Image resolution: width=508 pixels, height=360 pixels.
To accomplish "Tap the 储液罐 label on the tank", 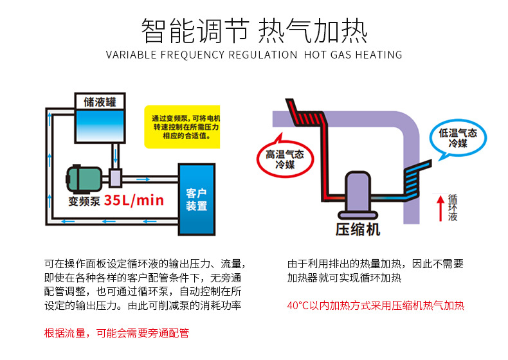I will pyautogui.click(x=100, y=102).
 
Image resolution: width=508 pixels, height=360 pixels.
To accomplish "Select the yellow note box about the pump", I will pyautogui.click(x=182, y=127).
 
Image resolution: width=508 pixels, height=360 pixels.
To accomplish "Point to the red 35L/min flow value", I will pyautogui.click(x=134, y=200).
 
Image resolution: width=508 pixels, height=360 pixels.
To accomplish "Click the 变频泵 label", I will pyautogui.click(x=84, y=201).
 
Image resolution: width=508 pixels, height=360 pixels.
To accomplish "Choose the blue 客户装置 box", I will pyautogui.click(x=196, y=199).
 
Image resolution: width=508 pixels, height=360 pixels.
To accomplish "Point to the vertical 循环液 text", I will pyautogui.click(x=453, y=208).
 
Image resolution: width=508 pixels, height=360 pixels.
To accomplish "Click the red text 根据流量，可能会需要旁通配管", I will pyautogui.click(x=116, y=333).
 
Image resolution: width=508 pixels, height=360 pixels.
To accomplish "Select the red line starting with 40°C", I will pyautogui.click(x=376, y=305).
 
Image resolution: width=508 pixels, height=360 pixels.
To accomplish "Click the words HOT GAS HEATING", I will pyautogui.click(x=353, y=55).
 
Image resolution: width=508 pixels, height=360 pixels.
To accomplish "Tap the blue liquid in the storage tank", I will pyautogui.click(x=100, y=125).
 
